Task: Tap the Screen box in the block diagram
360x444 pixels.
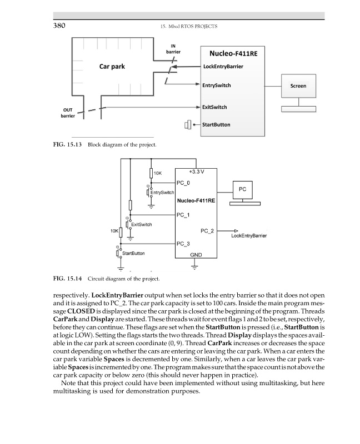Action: [298, 86]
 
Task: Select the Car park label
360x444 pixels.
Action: [112, 67]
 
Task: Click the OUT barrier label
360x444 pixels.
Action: [68, 113]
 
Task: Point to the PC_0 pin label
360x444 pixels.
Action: [183, 183]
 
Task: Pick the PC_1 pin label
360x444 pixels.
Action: [183, 214]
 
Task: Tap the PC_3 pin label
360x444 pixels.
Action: [183, 244]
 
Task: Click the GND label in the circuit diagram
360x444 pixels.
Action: [196, 254]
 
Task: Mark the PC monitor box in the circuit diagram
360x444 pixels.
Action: [242, 189]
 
